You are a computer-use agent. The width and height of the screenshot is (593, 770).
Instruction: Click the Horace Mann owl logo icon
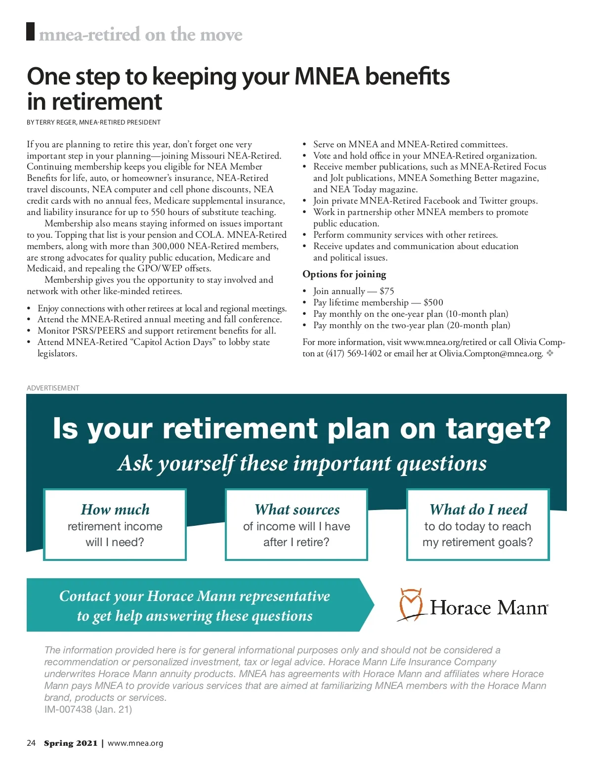tap(411, 604)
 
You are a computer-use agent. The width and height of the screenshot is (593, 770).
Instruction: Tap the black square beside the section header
tap(31, 32)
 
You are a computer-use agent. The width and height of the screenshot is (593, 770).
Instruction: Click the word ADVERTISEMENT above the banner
tap(53, 388)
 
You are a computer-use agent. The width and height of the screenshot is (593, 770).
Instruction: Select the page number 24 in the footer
tap(31, 743)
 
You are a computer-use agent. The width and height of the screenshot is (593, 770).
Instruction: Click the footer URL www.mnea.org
tap(135, 743)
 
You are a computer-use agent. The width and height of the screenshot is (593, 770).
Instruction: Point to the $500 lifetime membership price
tap(433, 302)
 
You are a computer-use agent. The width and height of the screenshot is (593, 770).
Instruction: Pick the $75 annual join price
tap(386, 291)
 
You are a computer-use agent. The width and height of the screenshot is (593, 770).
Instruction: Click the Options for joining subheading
tap(344, 274)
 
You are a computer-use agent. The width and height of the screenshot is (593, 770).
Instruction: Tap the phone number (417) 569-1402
tap(354, 353)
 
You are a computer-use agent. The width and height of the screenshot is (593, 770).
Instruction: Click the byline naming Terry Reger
tap(94, 122)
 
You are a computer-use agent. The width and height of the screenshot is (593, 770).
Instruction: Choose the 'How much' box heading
tap(115, 509)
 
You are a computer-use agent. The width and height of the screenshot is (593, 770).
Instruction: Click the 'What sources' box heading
tap(297, 509)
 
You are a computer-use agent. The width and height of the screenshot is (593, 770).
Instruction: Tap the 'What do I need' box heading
tap(478, 509)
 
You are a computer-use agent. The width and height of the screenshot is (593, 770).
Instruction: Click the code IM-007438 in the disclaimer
tap(68, 709)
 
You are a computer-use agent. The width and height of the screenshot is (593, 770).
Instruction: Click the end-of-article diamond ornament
tap(550, 353)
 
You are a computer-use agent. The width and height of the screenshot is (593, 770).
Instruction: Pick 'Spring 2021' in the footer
tap(71, 743)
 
